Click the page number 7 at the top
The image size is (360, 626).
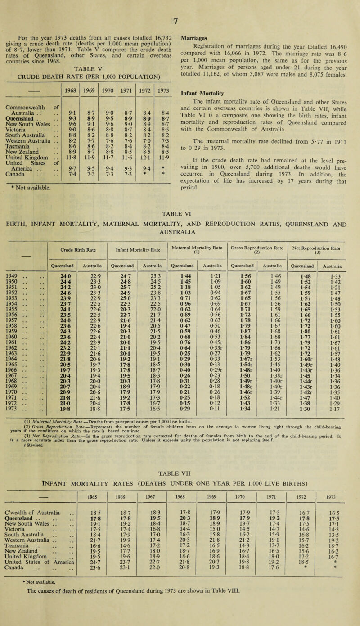coord(180,7)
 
